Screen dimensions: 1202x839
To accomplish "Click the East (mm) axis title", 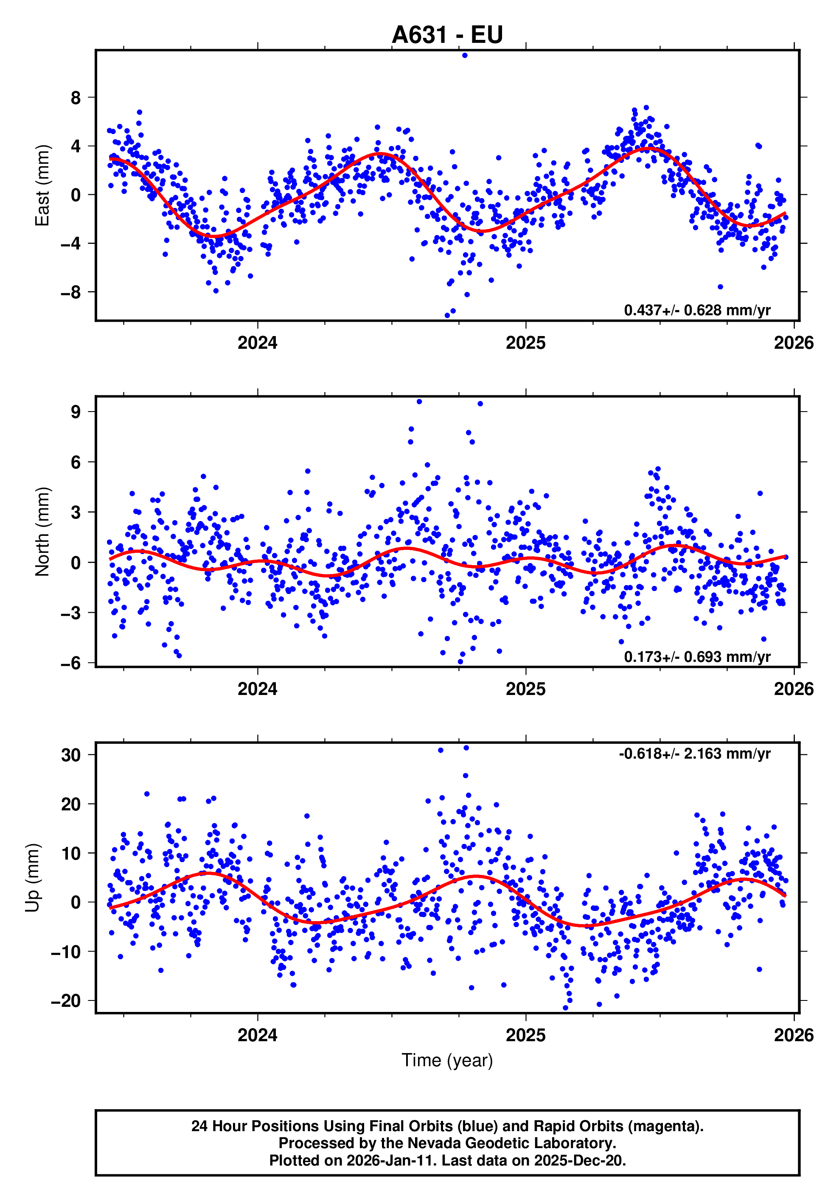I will pos(42,185).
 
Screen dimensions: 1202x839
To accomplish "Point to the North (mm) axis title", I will pos(42,532).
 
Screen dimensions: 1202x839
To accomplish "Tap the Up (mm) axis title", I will pos(33,878).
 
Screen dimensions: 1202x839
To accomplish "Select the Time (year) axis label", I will pos(447,1060).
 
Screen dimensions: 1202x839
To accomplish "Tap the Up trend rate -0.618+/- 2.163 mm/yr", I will pos(694,754).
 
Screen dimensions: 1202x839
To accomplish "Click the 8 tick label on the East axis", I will pos(76,98).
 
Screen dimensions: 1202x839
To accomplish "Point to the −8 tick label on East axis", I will pos(71,292).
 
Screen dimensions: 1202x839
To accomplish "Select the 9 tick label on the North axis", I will pos(76,412).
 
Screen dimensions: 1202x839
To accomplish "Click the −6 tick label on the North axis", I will pos(71,663).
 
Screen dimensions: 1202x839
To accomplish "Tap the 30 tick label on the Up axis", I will pos(71,755).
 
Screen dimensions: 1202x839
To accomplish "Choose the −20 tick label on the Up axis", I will pos(66,1001).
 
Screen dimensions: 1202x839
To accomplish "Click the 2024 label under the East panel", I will pos(257,343).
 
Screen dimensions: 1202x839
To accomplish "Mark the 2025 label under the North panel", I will pos(525,689).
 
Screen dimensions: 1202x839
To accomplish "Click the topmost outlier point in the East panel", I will pos(465,55).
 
